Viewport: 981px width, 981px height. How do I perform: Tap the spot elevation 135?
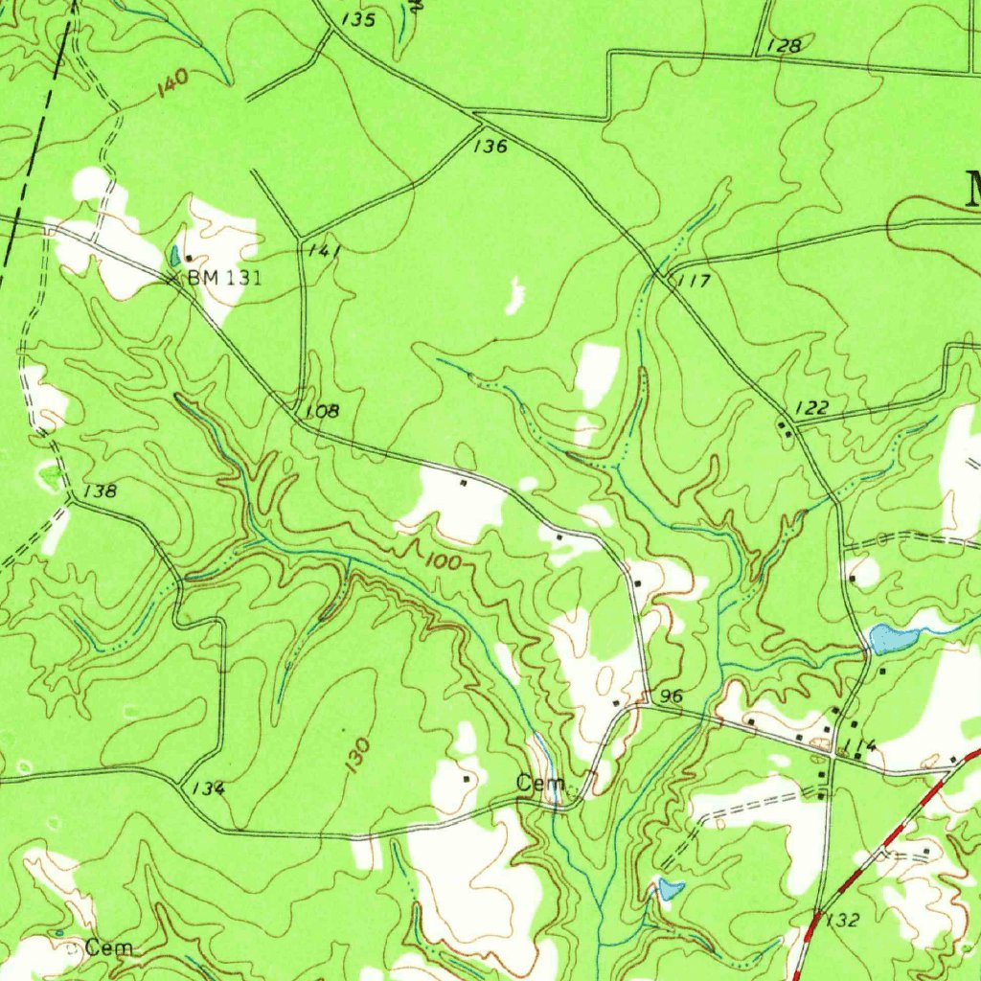coord(356,20)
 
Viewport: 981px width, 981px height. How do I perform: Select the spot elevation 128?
coord(784,45)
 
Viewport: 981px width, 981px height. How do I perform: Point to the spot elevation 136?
coord(490,147)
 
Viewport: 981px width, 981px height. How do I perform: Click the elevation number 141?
coord(326,250)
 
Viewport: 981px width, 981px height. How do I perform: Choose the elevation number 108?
coord(322,411)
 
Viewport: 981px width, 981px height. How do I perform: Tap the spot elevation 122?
coord(811,408)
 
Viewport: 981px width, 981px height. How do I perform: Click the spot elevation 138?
coord(100,491)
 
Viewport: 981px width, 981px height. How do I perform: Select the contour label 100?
coord(441,561)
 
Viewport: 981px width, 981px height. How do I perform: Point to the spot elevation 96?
coord(672,696)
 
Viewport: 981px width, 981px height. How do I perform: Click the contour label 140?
coord(172,84)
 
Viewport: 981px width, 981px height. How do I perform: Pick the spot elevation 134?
coord(208,788)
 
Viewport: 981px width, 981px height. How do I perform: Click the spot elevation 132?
coord(843,921)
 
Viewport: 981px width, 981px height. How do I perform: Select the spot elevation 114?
coord(859,746)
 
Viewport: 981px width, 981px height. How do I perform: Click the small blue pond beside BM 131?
coord(174,256)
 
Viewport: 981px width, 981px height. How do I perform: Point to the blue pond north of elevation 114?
coord(889,639)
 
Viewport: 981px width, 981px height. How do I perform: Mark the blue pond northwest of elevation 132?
coord(670,889)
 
